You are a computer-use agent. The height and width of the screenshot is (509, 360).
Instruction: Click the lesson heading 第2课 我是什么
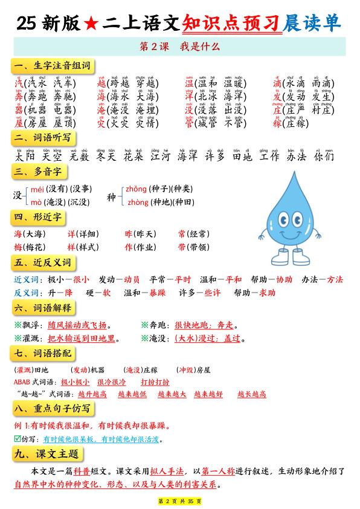click(x=179, y=45)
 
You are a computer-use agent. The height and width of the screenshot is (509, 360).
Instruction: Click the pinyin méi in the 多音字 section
click(x=37, y=189)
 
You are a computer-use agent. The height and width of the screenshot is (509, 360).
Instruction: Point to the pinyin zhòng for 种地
click(x=138, y=202)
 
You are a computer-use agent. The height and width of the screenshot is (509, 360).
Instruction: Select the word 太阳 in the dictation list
click(x=25, y=157)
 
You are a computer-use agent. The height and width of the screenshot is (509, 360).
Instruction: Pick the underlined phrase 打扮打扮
click(x=155, y=381)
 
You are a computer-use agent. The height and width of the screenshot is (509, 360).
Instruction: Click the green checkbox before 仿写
click(x=17, y=439)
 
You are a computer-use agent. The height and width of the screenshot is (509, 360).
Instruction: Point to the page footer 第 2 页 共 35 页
click(x=179, y=501)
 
